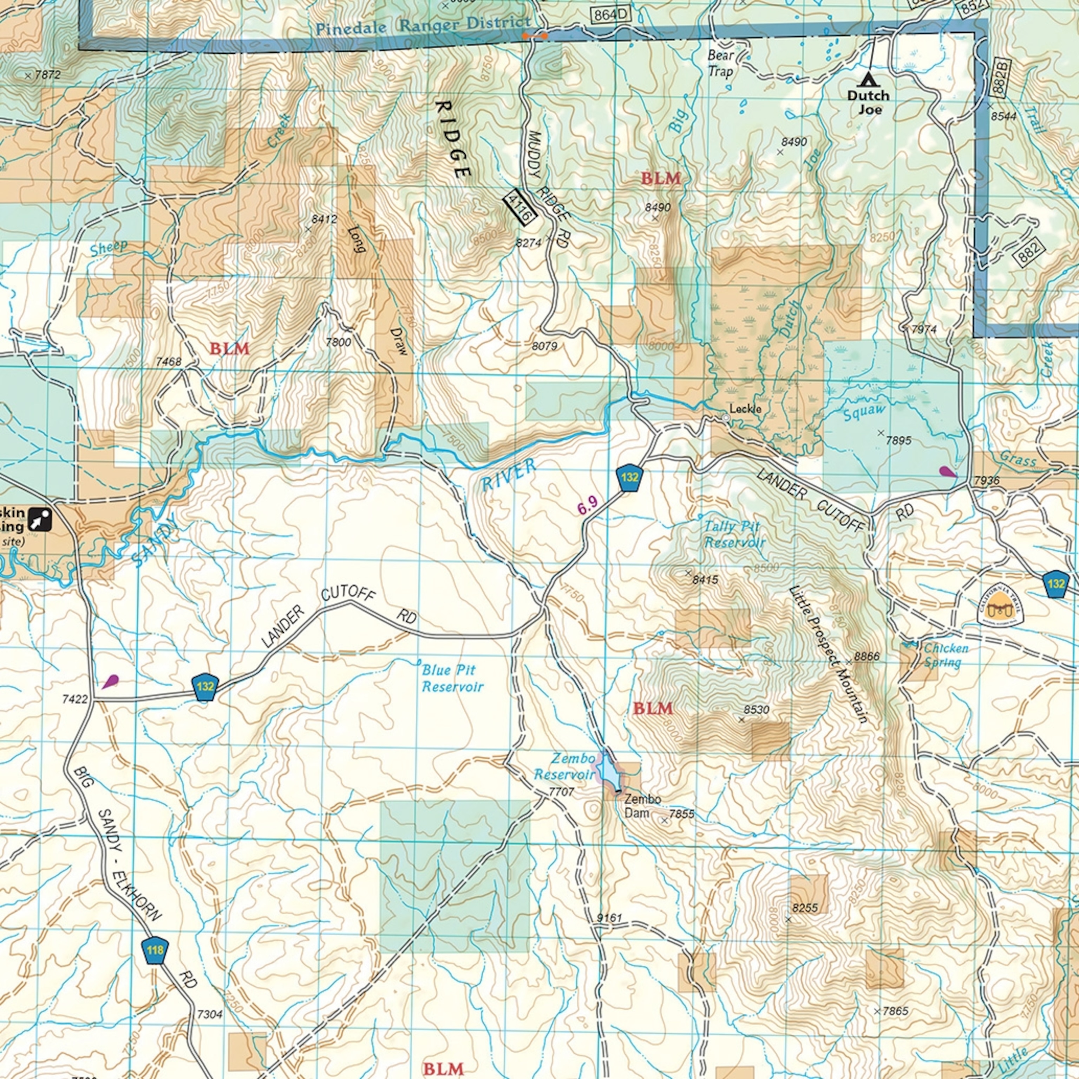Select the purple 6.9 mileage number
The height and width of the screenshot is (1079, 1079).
point(588,505)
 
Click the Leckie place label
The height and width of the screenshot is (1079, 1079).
point(745,409)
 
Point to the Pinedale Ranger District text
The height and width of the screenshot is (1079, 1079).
point(423,25)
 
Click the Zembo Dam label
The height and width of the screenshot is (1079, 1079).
point(642,806)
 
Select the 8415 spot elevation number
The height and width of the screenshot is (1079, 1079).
point(705,580)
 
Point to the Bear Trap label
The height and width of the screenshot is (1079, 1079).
point(720,63)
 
